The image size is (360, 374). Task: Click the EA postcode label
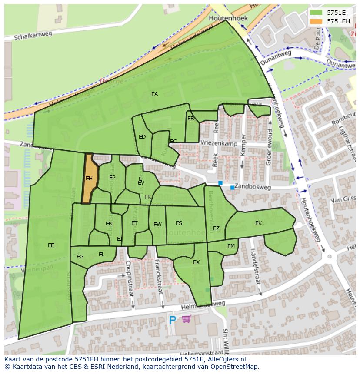pyautogui.click(x=154, y=94)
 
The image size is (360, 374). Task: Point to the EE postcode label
pyautogui.click(x=51, y=245)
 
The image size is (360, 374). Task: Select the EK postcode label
pyautogui.click(x=258, y=223)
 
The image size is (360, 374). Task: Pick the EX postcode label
pyautogui.click(x=196, y=262)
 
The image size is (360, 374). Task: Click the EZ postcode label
pyautogui.click(x=216, y=228)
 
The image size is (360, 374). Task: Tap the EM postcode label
pyautogui.click(x=231, y=246)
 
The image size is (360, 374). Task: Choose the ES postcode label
pyautogui.click(x=179, y=223)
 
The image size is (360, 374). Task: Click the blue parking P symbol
pyautogui.click(x=173, y=321)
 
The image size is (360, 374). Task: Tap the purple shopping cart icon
pyautogui.click(x=187, y=319)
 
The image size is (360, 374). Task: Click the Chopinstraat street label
pyautogui.click(x=129, y=278)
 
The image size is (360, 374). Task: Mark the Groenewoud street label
pyautogui.click(x=269, y=146)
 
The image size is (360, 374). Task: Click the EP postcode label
pyautogui.click(x=112, y=178)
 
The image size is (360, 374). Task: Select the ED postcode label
pyautogui.click(x=142, y=137)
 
